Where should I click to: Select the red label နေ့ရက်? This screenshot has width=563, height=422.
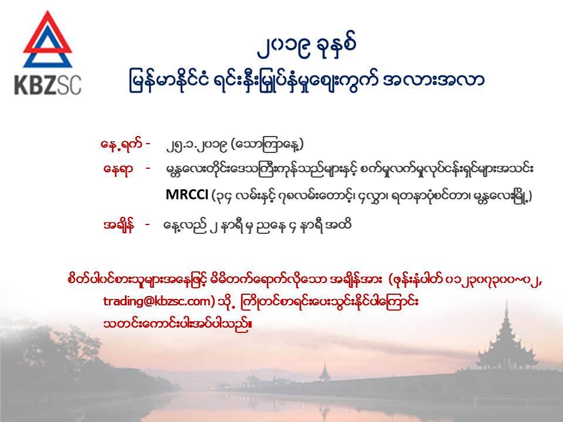tap(120, 144)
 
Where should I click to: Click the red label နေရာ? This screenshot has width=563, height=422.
tap(118, 168)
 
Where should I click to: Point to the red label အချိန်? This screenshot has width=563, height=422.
tap(118, 225)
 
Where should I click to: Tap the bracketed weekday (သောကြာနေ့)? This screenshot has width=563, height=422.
tap(267, 144)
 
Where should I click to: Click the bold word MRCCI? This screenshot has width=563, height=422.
tap(186, 195)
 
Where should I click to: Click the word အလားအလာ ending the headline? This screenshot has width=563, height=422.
tap(434, 80)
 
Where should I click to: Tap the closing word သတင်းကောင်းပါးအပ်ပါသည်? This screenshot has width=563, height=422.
tap(177, 324)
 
